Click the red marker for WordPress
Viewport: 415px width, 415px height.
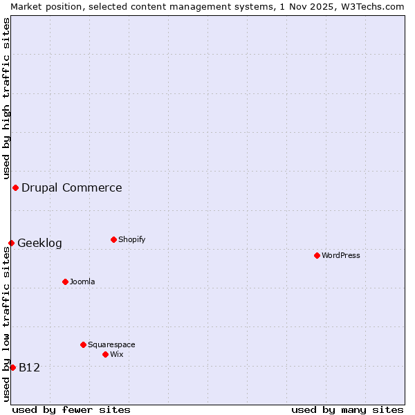click(317, 255)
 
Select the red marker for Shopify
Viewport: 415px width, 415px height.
click(113, 239)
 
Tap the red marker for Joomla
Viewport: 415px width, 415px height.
click(65, 282)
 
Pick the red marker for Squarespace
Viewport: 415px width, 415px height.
click(83, 344)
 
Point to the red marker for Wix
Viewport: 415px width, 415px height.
click(105, 354)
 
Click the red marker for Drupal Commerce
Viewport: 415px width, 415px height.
click(15, 187)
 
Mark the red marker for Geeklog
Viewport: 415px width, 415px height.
click(11, 243)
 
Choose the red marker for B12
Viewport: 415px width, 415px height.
click(12, 367)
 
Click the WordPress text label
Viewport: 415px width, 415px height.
click(341, 255)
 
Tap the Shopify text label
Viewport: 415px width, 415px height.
click(131, 239)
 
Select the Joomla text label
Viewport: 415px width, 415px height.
click(82, 282)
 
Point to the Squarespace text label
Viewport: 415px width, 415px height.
click(111, 344)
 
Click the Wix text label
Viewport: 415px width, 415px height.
click(117, 354)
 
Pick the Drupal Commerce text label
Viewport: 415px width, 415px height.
click(71, 187)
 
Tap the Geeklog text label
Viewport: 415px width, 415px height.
click(39, 243)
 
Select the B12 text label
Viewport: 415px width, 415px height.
click(29, 367)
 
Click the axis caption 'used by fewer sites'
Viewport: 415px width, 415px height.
click(71, 409)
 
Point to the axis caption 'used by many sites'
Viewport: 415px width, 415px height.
click(347, 409)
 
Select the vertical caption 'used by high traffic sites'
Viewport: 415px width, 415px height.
click(6, 99)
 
